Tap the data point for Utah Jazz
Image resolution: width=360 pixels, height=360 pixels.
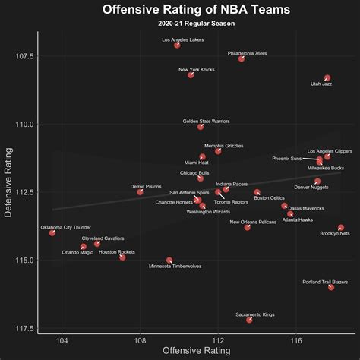[x=327, y=78]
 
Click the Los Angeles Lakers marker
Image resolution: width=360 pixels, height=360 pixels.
[x=177, y=46]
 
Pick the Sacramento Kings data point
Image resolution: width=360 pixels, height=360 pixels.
[x=249, y=320]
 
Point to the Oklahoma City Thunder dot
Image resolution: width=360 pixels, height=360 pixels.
[x=52, y=232]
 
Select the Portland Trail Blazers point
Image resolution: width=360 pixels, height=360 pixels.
[x=331, y=287]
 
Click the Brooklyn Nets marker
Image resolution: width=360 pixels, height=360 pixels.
[x=341, y=228]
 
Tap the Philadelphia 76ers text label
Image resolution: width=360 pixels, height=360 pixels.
[x=247, y=53]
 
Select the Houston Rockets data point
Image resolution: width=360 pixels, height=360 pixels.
[x=122, y=257]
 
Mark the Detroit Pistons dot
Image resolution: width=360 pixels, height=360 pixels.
[x=140, y=192]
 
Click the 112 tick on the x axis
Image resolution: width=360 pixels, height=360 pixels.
[x=218, y=341]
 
